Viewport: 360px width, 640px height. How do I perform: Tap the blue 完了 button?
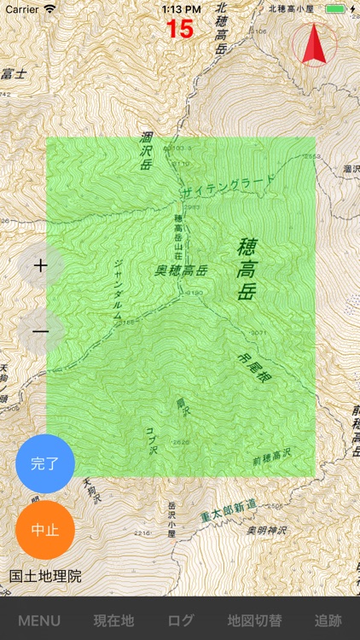(x=45, y=463)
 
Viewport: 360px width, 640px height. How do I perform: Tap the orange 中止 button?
(x=45, y=529)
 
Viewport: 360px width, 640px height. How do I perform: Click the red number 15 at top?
(x=180, y=29)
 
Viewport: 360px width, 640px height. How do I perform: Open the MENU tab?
(x=39, y=620)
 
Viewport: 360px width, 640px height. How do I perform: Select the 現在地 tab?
(x=113, y=620)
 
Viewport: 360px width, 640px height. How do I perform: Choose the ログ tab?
(x=181, y=620)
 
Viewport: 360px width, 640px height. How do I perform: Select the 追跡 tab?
(x=328, y=620)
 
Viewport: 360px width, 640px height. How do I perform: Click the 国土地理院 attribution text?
(x=46, y=577)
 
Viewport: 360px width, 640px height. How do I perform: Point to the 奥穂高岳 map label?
(x=182, y=271)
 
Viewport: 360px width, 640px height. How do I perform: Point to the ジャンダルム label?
(x=119, y=288)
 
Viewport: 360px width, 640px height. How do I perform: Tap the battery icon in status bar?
(x=336, y=9)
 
